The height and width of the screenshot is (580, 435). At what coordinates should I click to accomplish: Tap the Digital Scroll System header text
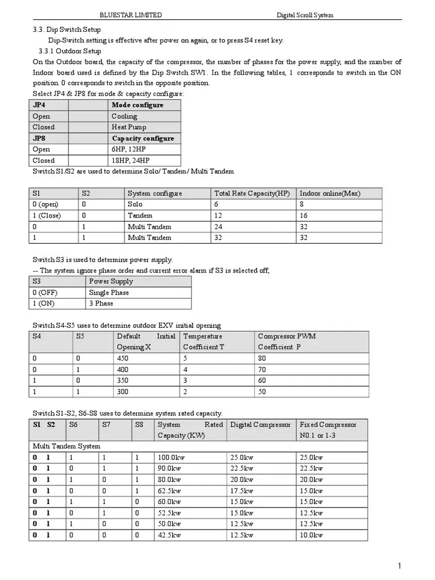click(305, 15)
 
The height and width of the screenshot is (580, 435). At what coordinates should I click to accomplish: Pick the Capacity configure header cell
click(143, 139)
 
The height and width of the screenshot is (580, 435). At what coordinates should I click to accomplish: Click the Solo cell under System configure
click(135, 204)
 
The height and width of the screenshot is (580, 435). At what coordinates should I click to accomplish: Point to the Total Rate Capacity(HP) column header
click(252, 194)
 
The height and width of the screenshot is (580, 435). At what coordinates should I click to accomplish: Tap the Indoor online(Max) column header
click(330, 194)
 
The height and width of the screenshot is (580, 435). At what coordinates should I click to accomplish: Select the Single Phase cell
click(109, 293)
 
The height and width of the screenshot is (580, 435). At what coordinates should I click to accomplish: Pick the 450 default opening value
click(122, 359)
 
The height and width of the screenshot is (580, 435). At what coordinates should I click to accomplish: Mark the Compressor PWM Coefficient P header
click(287, 342)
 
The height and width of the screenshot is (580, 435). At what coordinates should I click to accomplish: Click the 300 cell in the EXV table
click(122, 391)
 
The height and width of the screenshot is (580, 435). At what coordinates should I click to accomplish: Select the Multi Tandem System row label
click(66, 446)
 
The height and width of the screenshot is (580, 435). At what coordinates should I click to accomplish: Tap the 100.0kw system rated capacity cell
click(171, 458)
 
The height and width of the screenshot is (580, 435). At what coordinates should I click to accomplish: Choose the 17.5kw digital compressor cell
click(241, 491)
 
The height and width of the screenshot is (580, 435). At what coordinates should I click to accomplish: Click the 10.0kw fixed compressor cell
click(311, 535)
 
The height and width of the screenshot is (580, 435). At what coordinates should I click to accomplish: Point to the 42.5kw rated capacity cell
click(169, 535)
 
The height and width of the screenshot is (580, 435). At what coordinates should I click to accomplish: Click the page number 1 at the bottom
click(399, 566)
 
